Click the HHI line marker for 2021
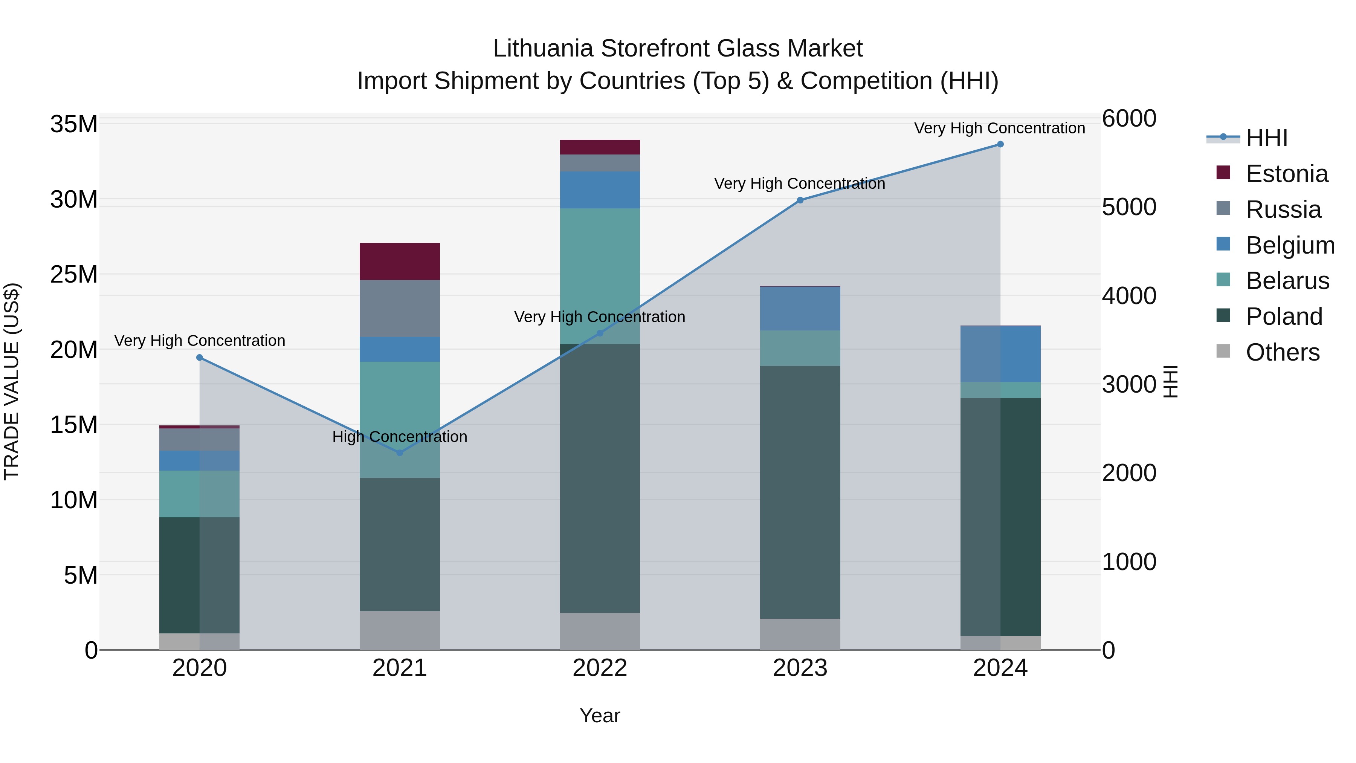[x=400, y=452]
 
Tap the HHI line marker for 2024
[x=1000, y=144]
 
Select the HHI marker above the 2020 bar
[x=200, y=358]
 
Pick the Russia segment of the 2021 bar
[x=400, y=308]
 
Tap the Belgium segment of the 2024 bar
[x=1000, y=354]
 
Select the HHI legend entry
[x=1266, y=138]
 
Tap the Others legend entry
[x=1282, y=352]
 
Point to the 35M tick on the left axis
[x=74, y=124]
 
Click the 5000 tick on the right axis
[x=1128, y=207]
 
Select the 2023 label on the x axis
[x=800, y=668]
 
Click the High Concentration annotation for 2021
[x=400, y=437]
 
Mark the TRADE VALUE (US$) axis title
[x=12, y=381]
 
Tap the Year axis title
[x=600, y=716]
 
